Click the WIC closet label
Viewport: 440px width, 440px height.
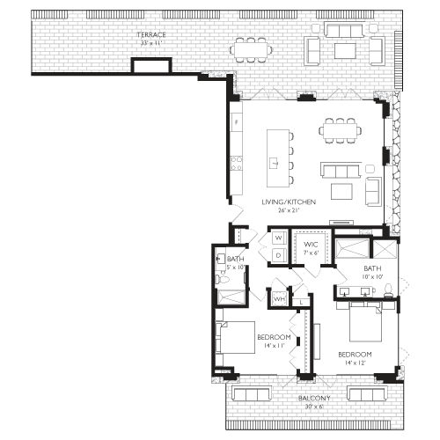[311, 244]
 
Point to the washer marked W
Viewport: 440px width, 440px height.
[278, 238]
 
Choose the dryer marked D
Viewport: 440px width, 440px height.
[278, 255]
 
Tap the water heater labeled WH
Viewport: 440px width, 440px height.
[278, 298]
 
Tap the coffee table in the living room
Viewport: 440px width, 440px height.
[340, 191]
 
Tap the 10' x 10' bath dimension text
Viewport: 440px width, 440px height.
[372, 276]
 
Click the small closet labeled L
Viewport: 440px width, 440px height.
[302, 302]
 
